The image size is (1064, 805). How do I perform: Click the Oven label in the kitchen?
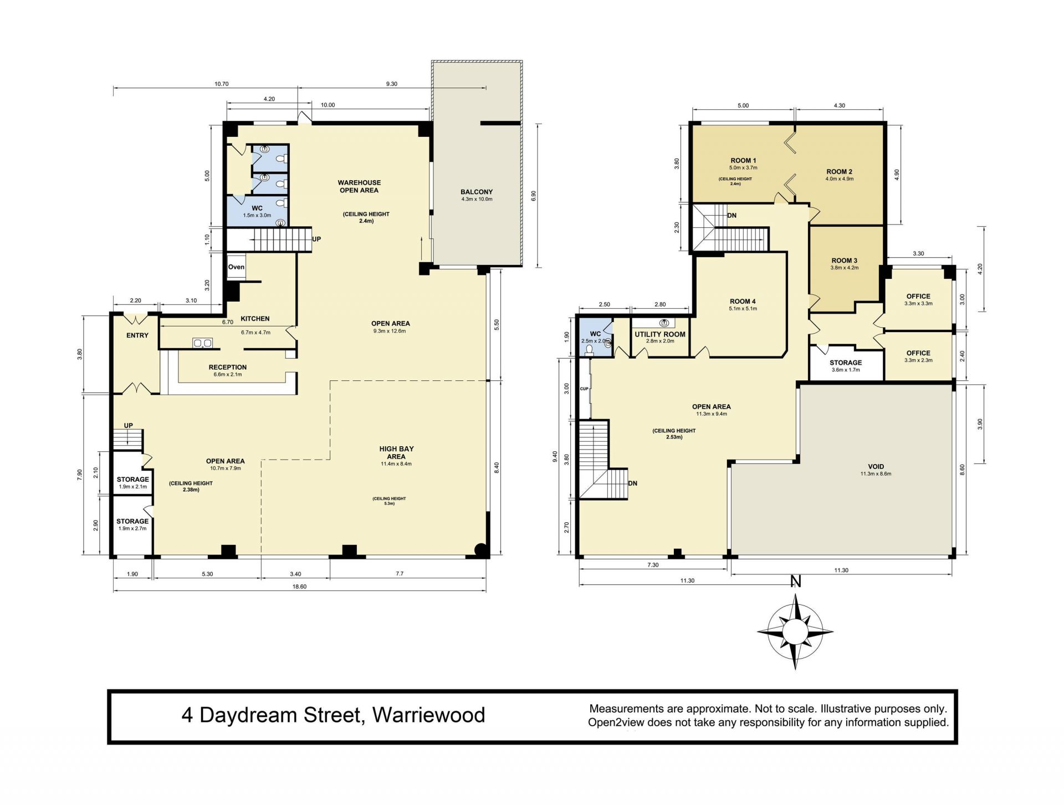[236, 267]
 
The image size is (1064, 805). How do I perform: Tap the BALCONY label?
[477, 192]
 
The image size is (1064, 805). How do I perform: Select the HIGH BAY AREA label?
[396, 452]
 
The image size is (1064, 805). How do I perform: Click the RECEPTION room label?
[228, 367]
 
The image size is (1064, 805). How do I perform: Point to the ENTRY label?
[137, 335]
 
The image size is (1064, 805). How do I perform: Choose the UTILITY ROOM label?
[660, 334]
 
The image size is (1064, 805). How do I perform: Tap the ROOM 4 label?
[743, 302]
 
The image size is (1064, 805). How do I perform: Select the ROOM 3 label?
[845, 261]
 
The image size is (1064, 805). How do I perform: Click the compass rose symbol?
[795, 631]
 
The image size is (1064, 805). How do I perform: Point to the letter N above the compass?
[796, 582]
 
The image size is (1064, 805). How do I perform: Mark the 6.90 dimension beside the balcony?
[534, 196]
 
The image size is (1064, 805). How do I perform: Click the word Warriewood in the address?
[428, 715]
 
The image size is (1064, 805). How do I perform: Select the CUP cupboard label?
[584, 389]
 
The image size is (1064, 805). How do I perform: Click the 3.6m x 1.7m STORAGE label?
[846, 366]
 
